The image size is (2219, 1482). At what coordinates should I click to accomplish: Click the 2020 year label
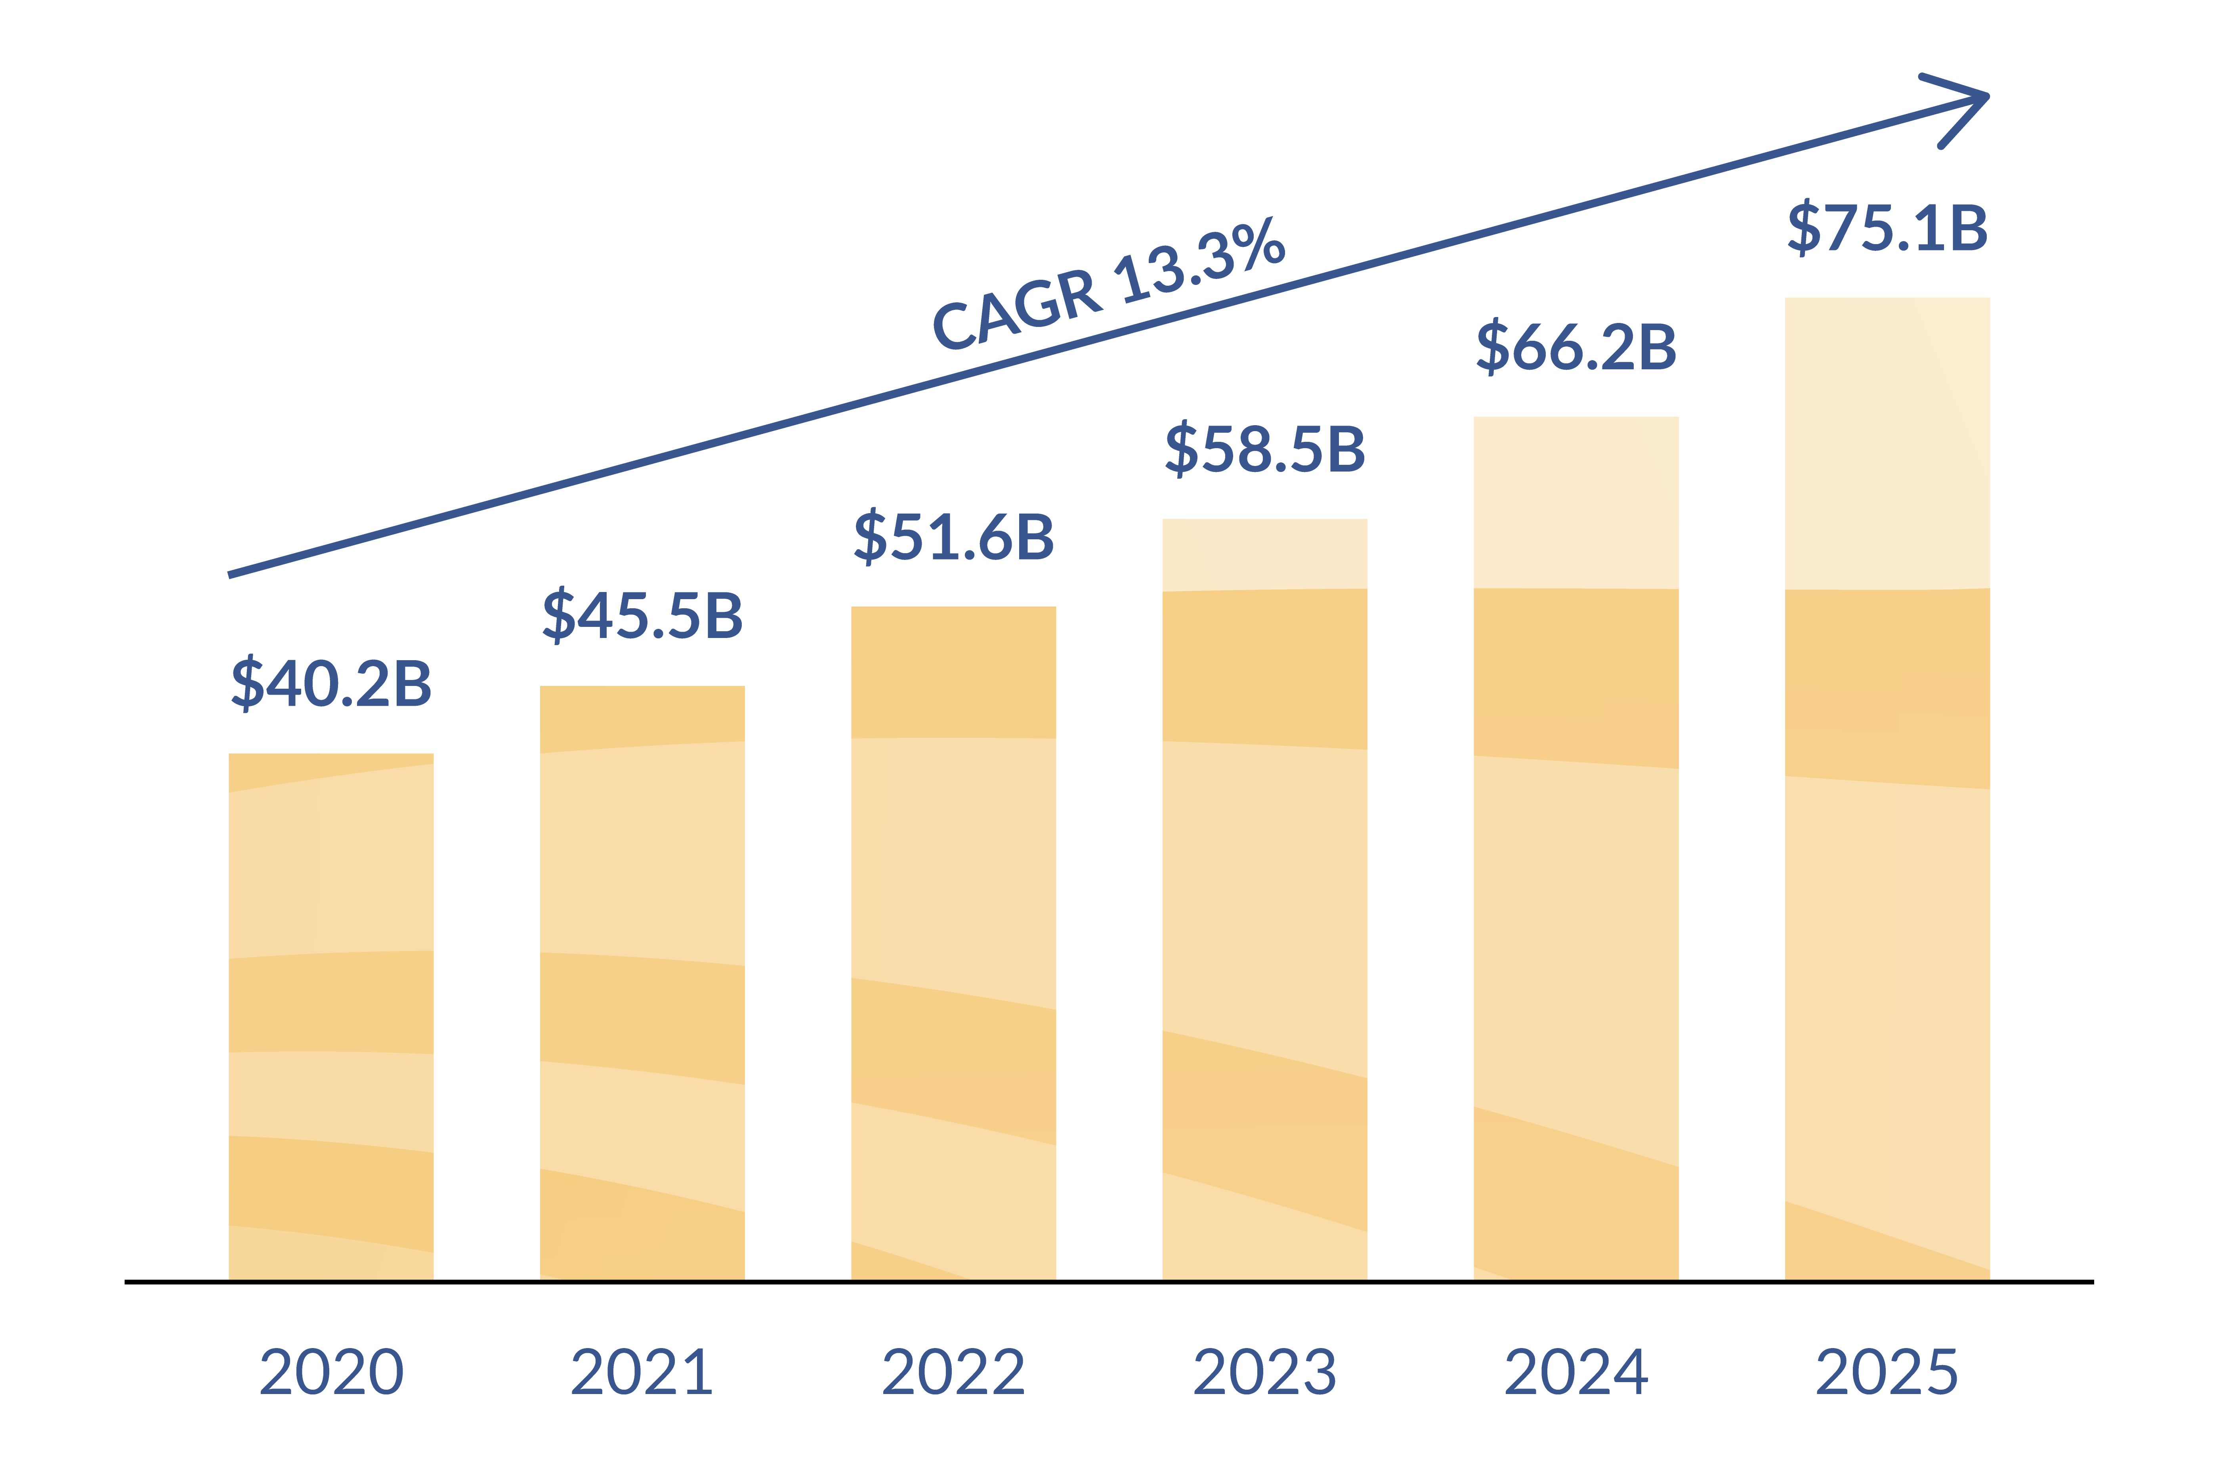click(x=331, y=1372)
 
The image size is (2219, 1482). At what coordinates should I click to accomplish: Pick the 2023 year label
click(x=1264, y=1372)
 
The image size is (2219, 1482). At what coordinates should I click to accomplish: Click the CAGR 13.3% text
click(x=1108, y=284)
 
